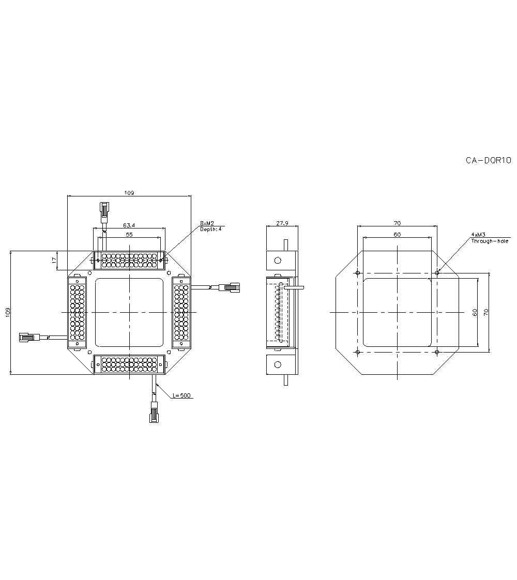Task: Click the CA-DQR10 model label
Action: [x=488, y=160]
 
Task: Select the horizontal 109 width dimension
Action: [x=129, y=193]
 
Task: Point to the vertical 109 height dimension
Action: [x=7, y=313]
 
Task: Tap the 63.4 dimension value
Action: [x=129, y=225]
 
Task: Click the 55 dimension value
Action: [x=129, y=234]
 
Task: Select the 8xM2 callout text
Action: [x=207, y=223]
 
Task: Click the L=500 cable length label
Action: [x=182, y=395]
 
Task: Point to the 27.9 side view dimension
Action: [x=282, y=223]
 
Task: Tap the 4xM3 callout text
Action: [x=478, y=235]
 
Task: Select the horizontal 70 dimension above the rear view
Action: [x=397, y=223]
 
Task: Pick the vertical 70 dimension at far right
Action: [x=485, y=313]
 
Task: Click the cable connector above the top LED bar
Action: [x=104, y=212]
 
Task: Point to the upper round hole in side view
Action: [x=278, y=261]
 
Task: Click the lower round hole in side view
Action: [x=278, y=364]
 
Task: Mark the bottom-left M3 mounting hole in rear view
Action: [x=357, y=352]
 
